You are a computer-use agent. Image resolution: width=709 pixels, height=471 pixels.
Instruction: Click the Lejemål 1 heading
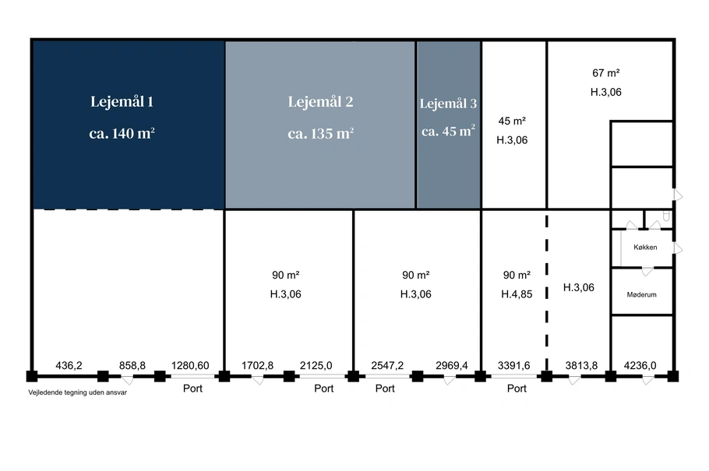click(x=122, y=102)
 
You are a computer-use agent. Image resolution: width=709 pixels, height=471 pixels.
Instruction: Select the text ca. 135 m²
click(x=320, y=133)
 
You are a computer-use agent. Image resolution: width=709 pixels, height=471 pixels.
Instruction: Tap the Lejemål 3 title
click(x=448, y=104)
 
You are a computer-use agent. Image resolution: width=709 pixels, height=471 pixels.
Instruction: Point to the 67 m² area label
click(x=606, y=72)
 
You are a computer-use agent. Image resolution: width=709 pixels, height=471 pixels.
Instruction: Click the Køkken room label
click(x=645, y=248)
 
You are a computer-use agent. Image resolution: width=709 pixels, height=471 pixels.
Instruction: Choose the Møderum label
click(x=642, y=295)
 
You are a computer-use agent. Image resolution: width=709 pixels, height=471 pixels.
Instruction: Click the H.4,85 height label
click(x=517, y=294)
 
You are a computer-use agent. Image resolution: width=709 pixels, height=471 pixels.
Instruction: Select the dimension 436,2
click(x=69, y=365)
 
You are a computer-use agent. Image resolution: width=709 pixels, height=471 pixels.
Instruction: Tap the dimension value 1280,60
click(x=190, y=365)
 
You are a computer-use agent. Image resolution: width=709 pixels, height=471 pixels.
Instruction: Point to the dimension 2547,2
click(x=387, y=365)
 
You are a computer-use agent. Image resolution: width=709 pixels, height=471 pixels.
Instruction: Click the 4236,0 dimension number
click(x=640, y=365)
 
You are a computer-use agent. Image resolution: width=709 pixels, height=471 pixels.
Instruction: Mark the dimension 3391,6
click(x=513, y=365)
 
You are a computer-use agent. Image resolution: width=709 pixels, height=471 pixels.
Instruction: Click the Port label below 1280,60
click(x=192, y=388)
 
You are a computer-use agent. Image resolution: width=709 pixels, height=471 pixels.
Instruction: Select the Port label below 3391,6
click(x=517, y=388)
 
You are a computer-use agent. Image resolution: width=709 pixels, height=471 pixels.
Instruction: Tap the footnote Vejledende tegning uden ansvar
click(x=77, y=392)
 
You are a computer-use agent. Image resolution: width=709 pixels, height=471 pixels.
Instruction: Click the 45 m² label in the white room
click(x=512, y=121)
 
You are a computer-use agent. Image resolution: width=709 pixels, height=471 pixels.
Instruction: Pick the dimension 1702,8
click(x=257, y=365)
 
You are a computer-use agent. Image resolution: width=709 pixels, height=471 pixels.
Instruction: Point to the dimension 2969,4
click(x=452, y=365)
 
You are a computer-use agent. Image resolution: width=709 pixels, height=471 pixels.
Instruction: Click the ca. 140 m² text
click(x=122, y=133)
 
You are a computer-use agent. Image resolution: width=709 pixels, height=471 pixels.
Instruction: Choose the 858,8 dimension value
click(x=132, y=365)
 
